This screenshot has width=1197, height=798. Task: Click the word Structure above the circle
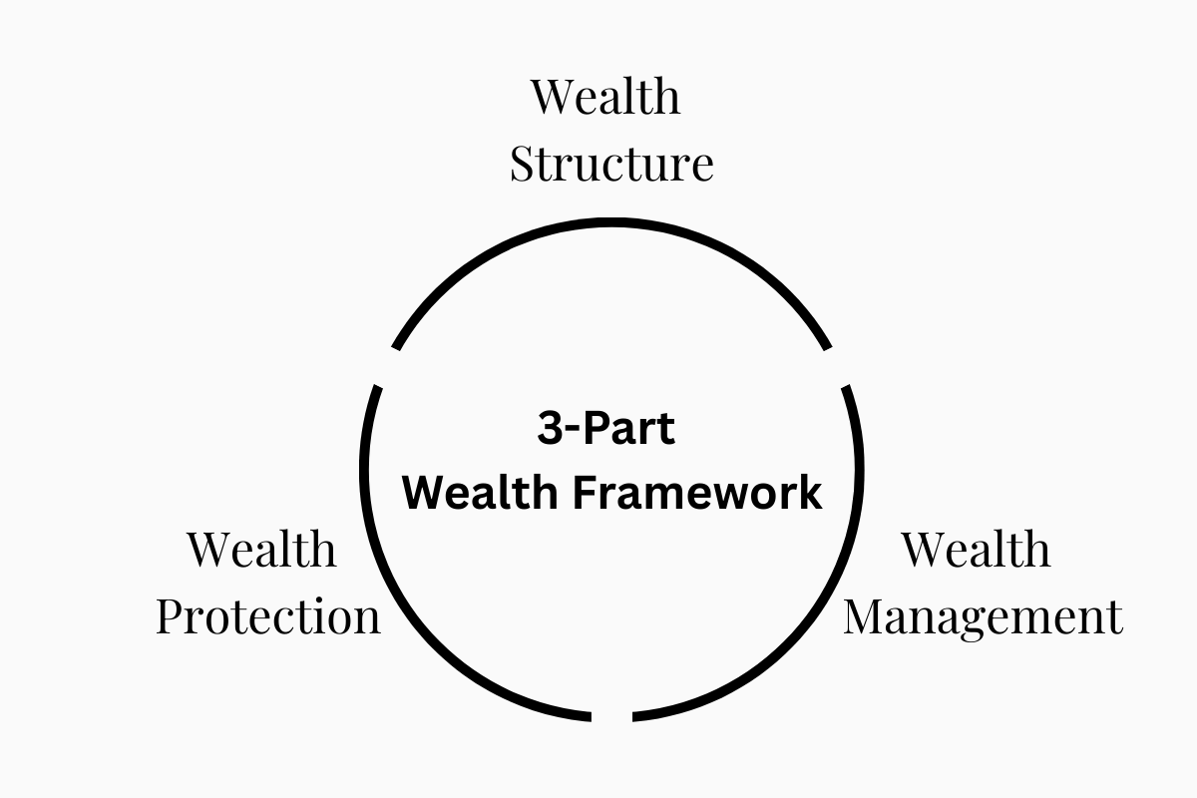(611, 165)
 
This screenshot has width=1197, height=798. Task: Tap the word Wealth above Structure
(605, 97)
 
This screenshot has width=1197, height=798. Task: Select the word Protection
(268, 616)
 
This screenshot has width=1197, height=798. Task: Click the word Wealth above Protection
(261, 549)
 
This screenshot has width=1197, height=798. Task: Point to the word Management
(983, 616)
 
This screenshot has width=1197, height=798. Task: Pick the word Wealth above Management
(976, 549)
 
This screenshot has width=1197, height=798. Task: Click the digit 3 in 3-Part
(550, 429)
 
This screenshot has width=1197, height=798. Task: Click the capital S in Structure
(522, 165)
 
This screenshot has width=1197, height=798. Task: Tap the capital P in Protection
(171, 616)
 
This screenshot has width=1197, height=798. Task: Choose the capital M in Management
(866, 616)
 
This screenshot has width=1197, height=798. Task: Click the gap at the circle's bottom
(612, 716)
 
